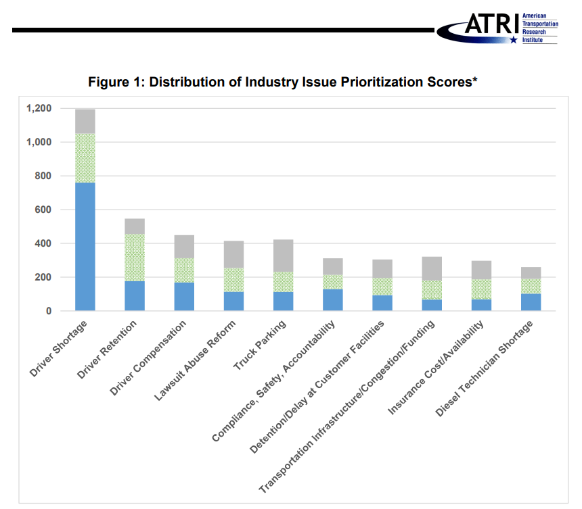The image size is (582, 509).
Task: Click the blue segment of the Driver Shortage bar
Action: coord(85,247)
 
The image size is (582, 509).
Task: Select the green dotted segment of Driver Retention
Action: coord(135,258)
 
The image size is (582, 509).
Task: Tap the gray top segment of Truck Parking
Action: coord(283,256)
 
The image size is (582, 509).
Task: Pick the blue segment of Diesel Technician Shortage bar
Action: coord(531,302)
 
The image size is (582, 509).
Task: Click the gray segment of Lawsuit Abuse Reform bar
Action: coord(233,254)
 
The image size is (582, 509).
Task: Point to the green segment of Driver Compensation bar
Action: coord(184,270)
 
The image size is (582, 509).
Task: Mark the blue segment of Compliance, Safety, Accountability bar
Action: coord(332,300)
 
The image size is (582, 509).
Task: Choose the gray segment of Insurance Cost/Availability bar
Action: coord(481,270)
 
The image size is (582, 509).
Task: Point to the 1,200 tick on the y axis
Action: coord(39,108)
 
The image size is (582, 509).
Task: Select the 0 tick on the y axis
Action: coord(49,311)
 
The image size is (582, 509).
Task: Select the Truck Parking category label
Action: coord(259,344)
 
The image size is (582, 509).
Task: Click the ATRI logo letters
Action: coord(491,26)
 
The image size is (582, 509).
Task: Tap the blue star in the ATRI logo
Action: coord(514,40)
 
